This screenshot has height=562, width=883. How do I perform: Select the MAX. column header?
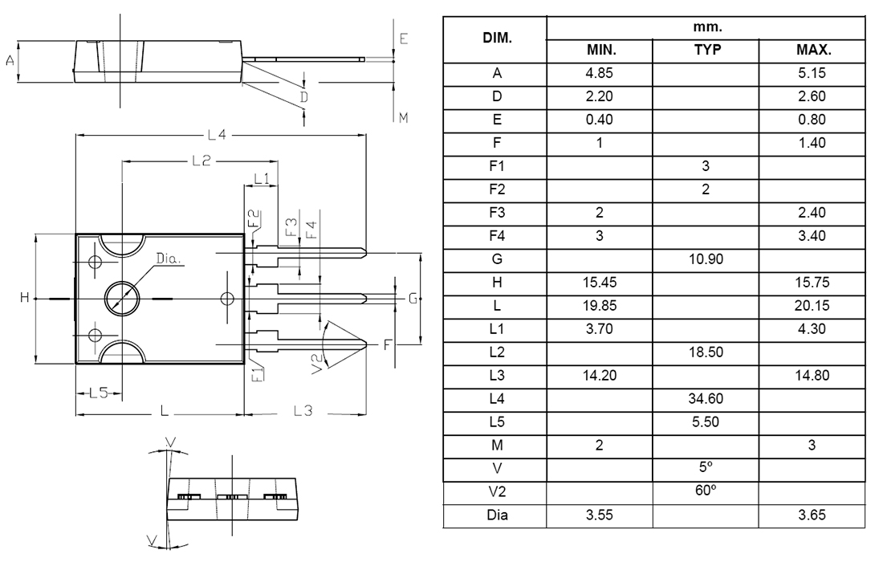click(x=812, y=50)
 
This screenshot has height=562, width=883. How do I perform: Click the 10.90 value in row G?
click(x=706, y=259)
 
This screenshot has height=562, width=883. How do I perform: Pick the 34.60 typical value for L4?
click(x=706, y=398)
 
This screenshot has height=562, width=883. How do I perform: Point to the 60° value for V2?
click(x=706, y=491)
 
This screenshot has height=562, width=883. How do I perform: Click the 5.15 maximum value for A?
click(x=812, y=73)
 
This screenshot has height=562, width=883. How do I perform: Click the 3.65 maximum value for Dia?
click(x=812, y=515)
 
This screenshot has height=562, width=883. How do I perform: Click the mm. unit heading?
click(x=706, y=26)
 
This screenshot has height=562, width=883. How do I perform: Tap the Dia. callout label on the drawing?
click(x=169, y=259)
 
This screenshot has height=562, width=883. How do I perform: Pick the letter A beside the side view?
click(x=10, y=60)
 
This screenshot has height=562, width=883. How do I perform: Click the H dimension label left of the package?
click(x=25, y=298)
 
